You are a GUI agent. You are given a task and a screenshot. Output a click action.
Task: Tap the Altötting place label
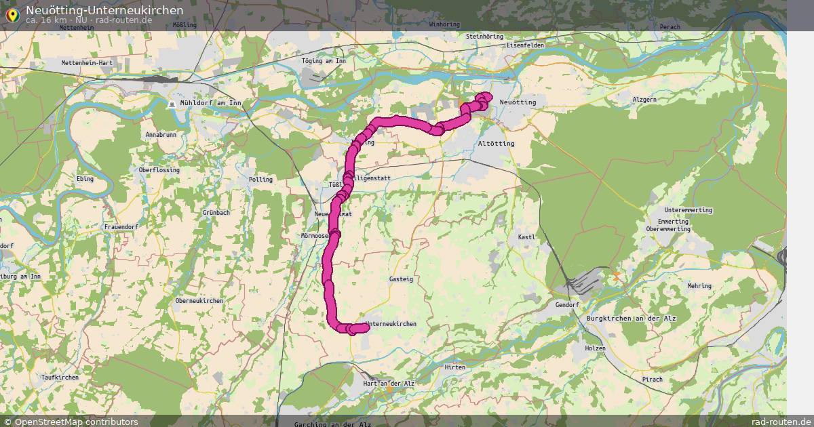click(x=496, y=144)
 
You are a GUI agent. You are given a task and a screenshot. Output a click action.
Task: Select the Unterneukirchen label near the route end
click(x=391, y=324)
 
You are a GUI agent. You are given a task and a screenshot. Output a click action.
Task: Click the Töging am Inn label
click(x=324, y=61)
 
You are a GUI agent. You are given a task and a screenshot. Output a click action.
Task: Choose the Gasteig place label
click(x=401, y=279)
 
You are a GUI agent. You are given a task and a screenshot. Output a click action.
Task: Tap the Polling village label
click(x=260, y=180)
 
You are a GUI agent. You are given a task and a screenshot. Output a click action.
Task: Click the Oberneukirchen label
click(x=199, y=300)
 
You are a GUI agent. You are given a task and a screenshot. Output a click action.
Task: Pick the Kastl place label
click(x=526, y=237)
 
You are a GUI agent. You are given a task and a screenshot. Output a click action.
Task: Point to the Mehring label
click(x=699, y=286)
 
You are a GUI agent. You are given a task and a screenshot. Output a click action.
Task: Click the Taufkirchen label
click(x=60, y=377)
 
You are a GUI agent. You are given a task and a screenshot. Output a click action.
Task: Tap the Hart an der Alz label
click(x=389, y=384)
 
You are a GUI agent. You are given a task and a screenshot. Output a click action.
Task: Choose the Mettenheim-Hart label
click(x=86, y=62)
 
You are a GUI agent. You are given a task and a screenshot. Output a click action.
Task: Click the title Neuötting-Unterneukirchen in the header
click(x=104, y=10)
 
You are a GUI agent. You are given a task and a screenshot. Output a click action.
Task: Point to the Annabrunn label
click(x=161, y=135)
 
